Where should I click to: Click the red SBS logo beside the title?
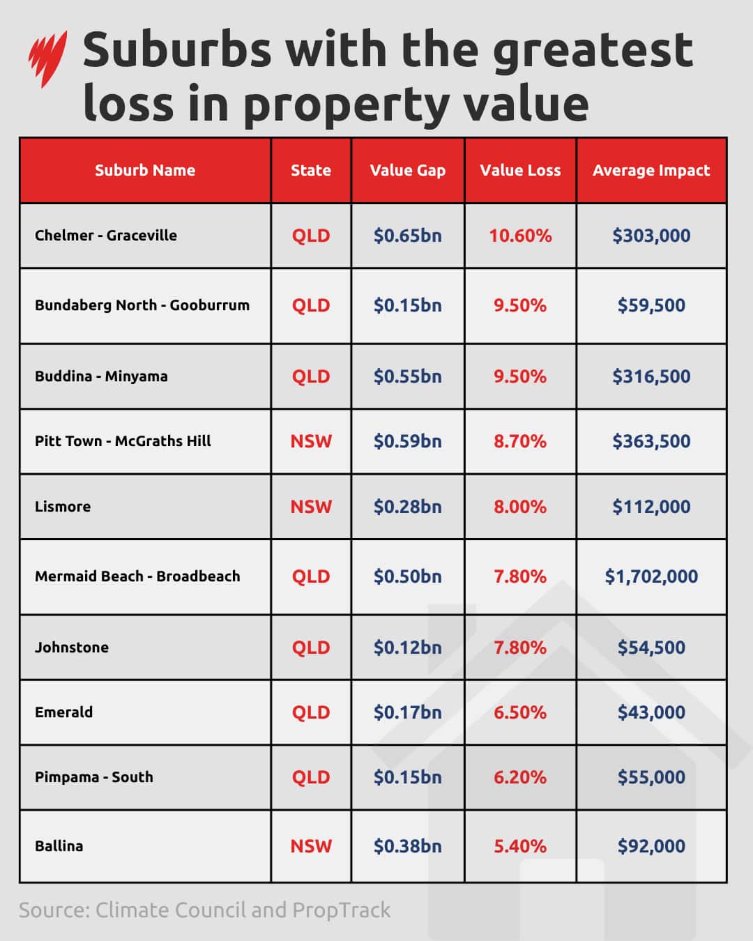[x=47, y=59]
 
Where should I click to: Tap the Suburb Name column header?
[x=145, y=170]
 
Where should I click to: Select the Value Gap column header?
[x=408, y=170]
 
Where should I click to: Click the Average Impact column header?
[x=651, y=170]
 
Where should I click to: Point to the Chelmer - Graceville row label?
[x=106, y=236]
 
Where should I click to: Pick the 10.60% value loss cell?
[x=520, y=236]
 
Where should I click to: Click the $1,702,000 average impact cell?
[x=651, y=576]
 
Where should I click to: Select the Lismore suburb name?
[x=63, y=507]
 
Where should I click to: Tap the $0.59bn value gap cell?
[x=408, y=441]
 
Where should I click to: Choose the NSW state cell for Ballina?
[x=311, y=846]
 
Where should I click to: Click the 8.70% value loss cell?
[x=520, y=441]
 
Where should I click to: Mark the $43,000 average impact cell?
[x=651, y=712]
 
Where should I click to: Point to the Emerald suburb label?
[x=63, y=712]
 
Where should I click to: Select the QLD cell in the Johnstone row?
[x=311, y=648]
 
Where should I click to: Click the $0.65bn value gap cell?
[x=408, y=236]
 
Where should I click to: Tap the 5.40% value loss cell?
[x=520, y=846]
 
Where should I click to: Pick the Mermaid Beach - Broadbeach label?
[x=137, y=576]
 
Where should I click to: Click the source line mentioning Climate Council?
[x=204, y=910]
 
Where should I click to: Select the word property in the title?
[x=346, y=105]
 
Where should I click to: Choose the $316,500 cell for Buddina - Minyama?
[x=651, y=376]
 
